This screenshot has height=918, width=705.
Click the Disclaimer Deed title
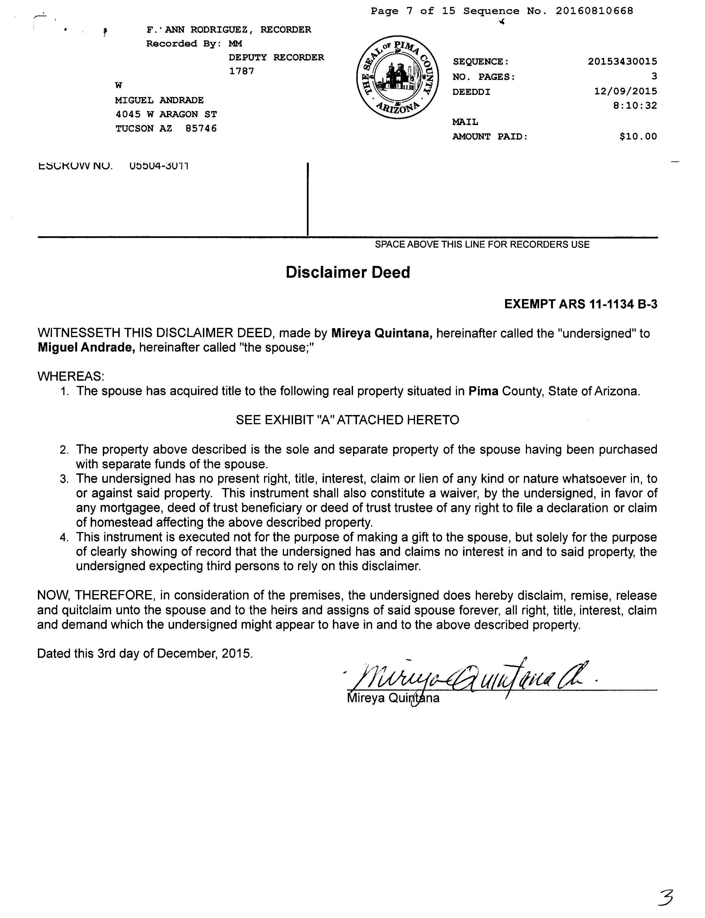[x=348, y=273]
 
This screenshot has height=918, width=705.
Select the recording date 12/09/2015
[x=625, y=91]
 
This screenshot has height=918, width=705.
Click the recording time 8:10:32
[x=634, y=105]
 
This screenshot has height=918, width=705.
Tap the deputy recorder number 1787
[x=241, y=71]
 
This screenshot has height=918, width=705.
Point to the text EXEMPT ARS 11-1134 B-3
[x=580, y=304]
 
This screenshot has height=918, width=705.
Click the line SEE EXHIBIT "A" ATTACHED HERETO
[x=348, y=420]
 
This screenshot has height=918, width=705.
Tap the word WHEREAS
[x=70, y=376]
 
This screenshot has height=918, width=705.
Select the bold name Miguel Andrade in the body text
[x=86, y=348]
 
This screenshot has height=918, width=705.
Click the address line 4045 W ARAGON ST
[x=166, y=114]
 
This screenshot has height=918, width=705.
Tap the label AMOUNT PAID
[x=490, y=136]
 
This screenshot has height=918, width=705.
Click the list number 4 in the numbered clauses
[x=64, y=538]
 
